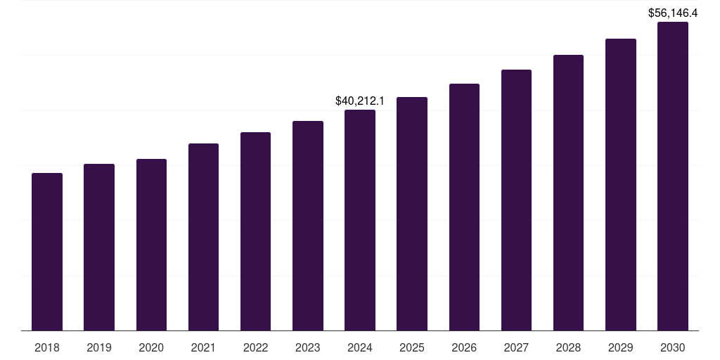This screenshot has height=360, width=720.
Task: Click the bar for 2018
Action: (x=47, y=252)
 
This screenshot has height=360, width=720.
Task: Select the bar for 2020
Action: (x=151, y=245)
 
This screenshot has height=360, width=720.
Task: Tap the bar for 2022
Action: (x=255, y=231)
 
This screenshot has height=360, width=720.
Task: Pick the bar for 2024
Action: (x=360, y=220)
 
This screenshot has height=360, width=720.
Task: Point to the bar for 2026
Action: (x=464, y=207)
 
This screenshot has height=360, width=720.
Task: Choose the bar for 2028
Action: (x=568, y=193)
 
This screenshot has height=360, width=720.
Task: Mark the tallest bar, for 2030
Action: (x=673, y=176)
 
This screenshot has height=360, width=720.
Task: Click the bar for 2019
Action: (x=99, y=247)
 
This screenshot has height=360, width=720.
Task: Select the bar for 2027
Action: (x=516, y=200)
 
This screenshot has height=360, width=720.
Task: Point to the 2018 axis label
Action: (x=47, y=347)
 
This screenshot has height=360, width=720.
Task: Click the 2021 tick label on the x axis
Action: (x=203, y=347)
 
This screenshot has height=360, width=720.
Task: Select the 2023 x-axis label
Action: (x=308, y=347)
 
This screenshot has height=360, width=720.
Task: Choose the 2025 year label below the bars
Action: (x=412, y=347)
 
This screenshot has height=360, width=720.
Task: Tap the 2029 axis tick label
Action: (x=621, y=347)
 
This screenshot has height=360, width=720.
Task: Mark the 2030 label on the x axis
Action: (x=673, y=347)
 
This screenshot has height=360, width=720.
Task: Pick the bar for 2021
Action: (x=203, y=237)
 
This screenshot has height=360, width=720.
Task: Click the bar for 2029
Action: (x=621, y=185)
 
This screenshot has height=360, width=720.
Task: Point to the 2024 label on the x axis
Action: (x=360, y=347)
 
